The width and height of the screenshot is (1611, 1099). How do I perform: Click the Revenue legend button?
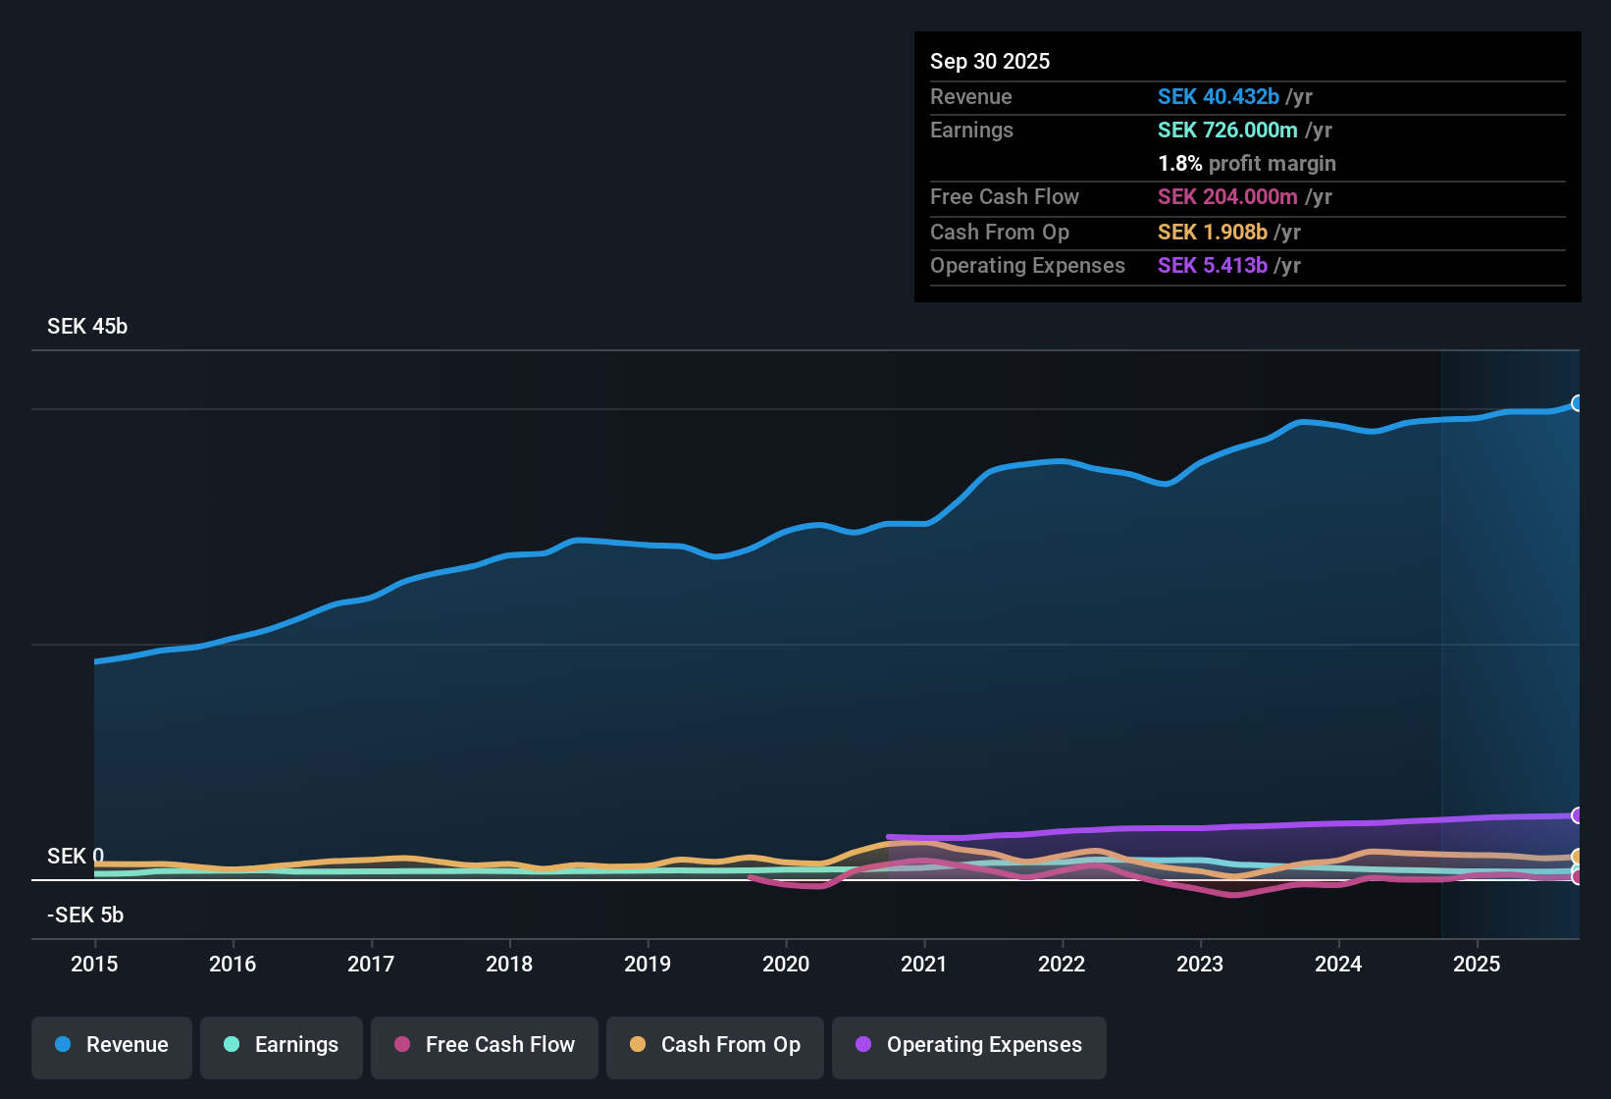coord(112,1045)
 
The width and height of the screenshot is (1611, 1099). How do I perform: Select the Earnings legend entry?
coord(282,1045)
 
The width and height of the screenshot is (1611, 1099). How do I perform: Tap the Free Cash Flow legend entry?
coord(485,1045)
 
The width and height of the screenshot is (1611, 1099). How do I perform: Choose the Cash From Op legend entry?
coord(715,1045)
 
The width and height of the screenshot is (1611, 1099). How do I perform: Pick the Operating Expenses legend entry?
coord(969,1045)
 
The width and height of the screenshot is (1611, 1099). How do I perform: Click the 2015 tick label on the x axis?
coord(94,964)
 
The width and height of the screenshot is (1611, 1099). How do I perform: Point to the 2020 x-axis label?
coord(786,964)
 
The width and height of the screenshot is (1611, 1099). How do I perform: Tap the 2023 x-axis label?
coord(1200,964)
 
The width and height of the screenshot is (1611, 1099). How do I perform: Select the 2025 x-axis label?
coord(1477,964)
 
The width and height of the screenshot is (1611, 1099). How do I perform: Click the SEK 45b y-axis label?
coord(87,327)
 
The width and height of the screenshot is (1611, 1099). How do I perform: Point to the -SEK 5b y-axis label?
coord(85,916)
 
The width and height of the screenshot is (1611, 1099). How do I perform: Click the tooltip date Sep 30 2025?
coord(990,62)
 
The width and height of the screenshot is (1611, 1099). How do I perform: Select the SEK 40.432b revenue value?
coord(1219,97)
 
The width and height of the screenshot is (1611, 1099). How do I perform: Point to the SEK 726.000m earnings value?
coord(1227,131)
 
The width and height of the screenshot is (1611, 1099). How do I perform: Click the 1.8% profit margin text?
coord(1247,164)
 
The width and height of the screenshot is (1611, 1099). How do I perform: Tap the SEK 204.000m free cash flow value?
coord(1227,197)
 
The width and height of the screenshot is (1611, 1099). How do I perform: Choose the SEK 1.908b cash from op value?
coord(1213,233)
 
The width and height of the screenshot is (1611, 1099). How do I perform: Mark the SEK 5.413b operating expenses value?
coord(1213,266)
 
